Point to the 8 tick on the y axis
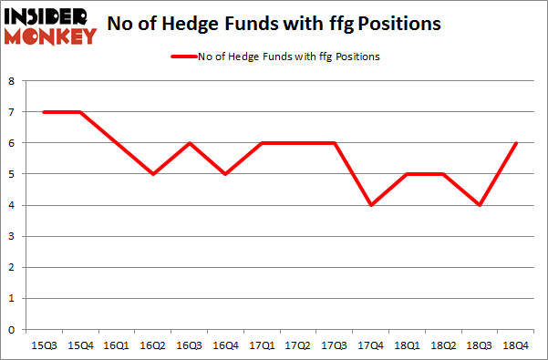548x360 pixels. click(x=12, y=81)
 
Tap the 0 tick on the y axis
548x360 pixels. click(x=12, y=330)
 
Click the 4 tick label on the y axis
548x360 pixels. click(x=12, y=206)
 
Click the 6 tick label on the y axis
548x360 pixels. click(x=12, y=143)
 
